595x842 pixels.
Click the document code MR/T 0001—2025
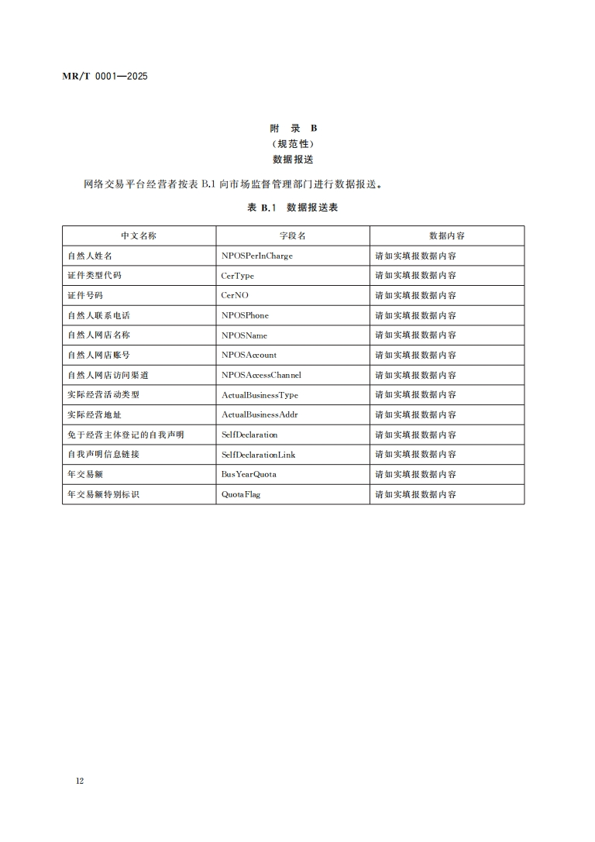point(105,76)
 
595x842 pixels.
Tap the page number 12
point(80,780)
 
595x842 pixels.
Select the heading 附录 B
point(293,129)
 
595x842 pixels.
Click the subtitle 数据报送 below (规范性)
point(293,159)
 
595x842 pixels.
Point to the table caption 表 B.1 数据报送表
point(293,208)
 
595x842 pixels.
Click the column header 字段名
point(293,235)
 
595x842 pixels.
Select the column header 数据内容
point(447,235)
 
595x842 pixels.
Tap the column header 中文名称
point(139,235)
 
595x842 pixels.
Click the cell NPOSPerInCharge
point(257,256)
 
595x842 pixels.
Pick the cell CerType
point(238,276)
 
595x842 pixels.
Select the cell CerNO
point(236,295)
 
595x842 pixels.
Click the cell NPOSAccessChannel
point(262,375)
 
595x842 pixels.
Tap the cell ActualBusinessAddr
point(260,414)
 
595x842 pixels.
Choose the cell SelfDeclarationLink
point(259,454)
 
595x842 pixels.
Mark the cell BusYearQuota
point(249,474)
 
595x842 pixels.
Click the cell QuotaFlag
point(241,494)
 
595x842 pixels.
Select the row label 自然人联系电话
point(99,315)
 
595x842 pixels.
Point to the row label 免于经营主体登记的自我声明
point(126,435)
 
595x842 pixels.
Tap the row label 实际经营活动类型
point(104,394)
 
